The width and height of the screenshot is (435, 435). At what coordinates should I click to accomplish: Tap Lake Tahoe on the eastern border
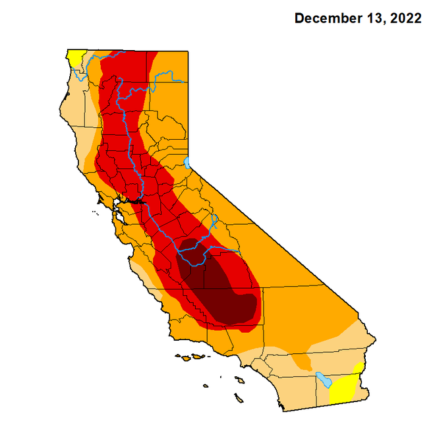click(187, 162)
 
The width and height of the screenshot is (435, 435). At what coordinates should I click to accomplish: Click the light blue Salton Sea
click(323, 380)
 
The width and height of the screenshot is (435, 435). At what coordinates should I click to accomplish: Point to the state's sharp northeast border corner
click(190, 49)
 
